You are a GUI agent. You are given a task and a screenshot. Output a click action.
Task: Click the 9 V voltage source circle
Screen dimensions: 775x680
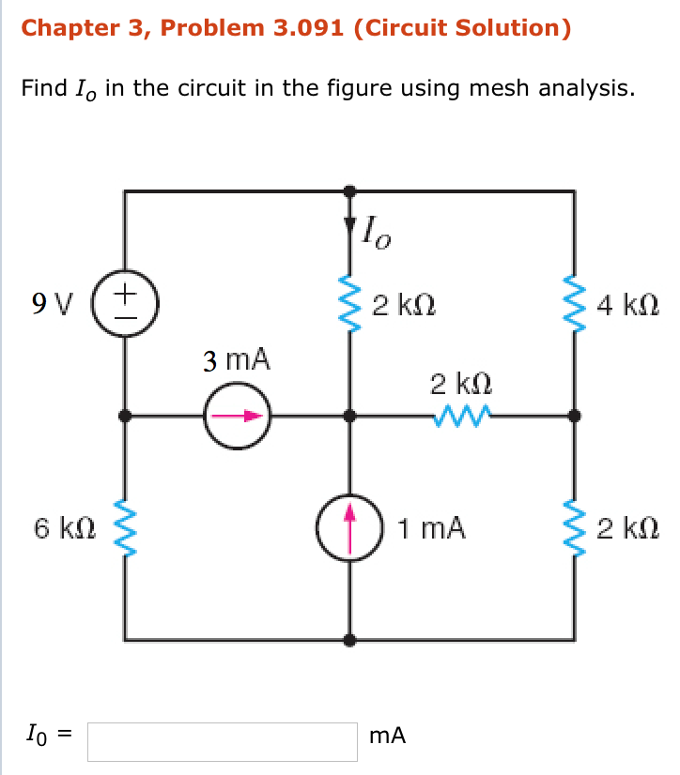[125, 303]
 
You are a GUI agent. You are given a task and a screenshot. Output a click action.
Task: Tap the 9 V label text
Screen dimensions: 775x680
[52, 304]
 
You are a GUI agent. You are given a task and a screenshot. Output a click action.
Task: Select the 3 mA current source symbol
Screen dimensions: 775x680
[238, 415]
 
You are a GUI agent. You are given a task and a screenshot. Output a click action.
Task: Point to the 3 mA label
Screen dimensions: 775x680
[237, 360]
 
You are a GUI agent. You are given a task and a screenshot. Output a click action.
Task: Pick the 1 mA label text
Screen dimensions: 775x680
[430, 528]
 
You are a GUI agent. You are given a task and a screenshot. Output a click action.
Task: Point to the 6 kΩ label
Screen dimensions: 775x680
[65, 528]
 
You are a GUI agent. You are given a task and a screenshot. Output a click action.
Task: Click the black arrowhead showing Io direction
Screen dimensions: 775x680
[350, 225]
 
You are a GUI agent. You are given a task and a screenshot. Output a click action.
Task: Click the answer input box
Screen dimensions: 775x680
[223, 740]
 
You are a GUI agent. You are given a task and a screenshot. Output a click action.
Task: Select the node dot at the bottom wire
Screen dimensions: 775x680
[350, 641]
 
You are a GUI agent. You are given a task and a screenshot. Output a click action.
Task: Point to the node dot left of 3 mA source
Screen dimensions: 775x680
[125, 415]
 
